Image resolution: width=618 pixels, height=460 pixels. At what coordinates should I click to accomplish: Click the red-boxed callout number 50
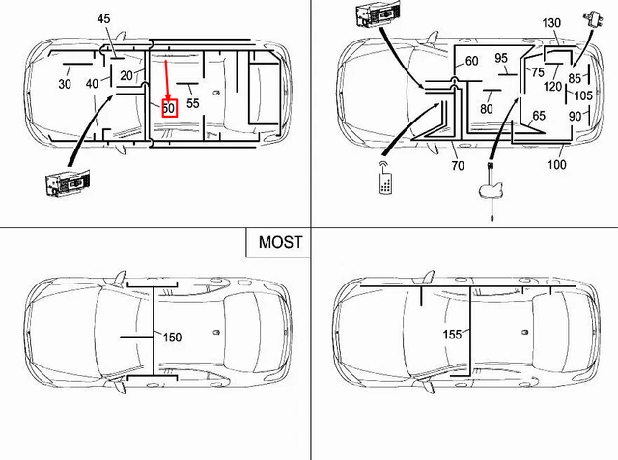168,109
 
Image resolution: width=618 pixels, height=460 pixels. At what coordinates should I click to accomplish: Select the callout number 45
104,19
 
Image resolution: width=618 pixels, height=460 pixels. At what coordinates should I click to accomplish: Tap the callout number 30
65,85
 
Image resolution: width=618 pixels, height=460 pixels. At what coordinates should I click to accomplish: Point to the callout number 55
193,102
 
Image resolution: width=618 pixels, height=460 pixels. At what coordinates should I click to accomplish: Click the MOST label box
280,242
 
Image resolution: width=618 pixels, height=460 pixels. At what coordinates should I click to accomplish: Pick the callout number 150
172,338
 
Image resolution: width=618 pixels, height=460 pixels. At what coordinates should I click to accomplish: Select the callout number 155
453,334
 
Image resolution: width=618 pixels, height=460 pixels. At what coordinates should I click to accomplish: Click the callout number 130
551,22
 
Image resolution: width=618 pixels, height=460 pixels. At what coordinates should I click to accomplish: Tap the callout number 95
501,59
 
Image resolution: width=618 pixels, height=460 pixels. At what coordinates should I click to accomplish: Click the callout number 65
538,117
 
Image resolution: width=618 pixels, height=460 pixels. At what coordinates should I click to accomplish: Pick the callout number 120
551,86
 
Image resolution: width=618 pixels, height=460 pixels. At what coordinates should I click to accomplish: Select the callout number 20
126,76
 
